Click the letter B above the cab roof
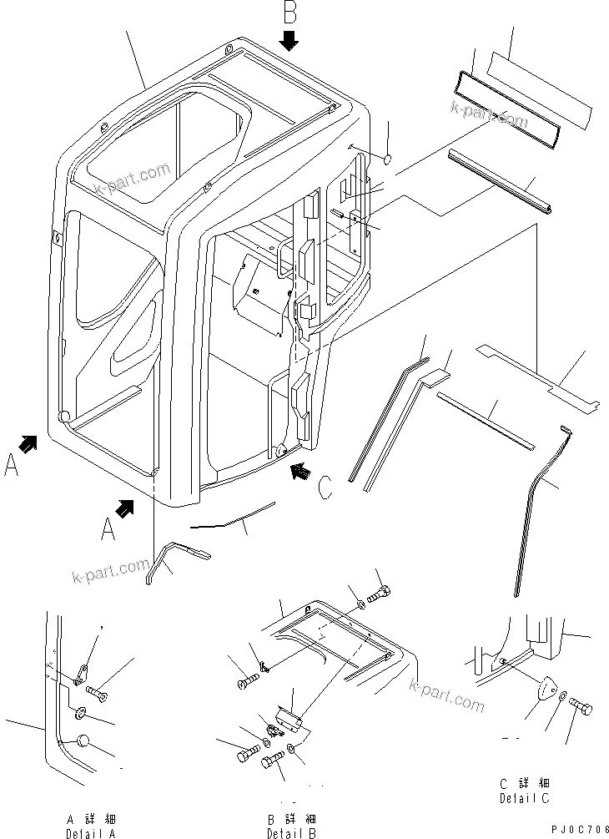click(289, 14)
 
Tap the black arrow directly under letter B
click(289, 41)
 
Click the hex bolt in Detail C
click(581, 708)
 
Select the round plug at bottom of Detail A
click(83, 740)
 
